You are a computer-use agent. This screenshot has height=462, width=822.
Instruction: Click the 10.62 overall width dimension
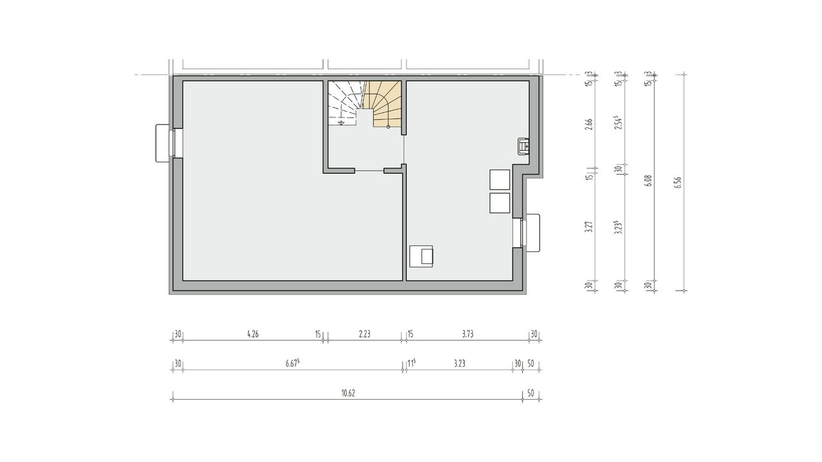point(348,393)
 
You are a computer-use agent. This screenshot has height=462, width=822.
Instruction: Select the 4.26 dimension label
point(253,334)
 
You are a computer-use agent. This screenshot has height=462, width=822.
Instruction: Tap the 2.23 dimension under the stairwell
point(365,334)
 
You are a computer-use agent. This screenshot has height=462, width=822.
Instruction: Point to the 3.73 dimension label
point(468,334)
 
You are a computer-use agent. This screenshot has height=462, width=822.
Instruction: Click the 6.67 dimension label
point(292,363)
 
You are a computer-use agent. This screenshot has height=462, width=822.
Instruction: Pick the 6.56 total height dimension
point(678,183)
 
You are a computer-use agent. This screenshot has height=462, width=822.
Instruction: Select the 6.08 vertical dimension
point(649,181)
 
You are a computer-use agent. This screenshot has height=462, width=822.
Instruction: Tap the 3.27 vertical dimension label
point(589,227)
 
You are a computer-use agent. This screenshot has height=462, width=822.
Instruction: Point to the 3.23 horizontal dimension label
point(459,363)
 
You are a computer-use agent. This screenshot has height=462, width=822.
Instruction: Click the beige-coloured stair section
point(384,104)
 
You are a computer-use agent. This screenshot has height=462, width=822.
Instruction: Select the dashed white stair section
point(345,103)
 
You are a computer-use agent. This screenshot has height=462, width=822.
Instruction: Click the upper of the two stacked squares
point(500,180)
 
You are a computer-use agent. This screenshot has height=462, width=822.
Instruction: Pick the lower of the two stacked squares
point(500,203)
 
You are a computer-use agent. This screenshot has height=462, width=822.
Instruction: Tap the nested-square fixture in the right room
point(421,256)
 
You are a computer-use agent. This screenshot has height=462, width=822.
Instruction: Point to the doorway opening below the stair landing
point(369,171)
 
